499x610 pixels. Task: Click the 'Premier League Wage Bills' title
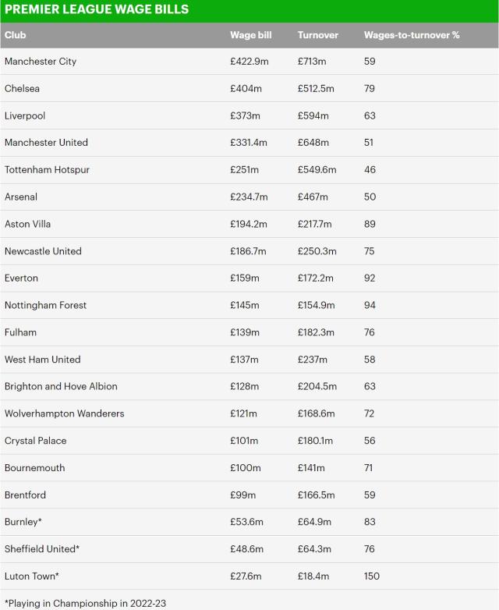(96, 10)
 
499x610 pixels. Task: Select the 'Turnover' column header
(317, 35)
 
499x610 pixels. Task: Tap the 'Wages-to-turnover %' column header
(412, 35)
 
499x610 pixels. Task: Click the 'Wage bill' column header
(250, 35)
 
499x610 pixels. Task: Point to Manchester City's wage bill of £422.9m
(250, 62)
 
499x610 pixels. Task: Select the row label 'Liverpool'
(25, 115)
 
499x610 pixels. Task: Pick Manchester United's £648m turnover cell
(313, 143)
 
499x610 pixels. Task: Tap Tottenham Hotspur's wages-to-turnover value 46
(370, 170)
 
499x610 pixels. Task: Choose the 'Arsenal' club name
(21, 197)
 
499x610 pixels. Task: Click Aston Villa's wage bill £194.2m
(249, 224)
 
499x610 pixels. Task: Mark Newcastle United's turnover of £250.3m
(317, 251)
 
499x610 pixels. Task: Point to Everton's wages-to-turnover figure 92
(370, 278)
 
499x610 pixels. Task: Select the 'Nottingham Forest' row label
(45, 306)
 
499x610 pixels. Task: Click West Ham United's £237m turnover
(313, 360)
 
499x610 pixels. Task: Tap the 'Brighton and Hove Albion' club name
(61, 387)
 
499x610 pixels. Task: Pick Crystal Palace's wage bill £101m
(244, 441)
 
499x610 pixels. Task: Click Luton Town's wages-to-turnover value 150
(372, 576)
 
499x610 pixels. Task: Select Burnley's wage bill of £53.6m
(247, 522)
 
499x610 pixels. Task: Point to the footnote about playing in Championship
(85, 603)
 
